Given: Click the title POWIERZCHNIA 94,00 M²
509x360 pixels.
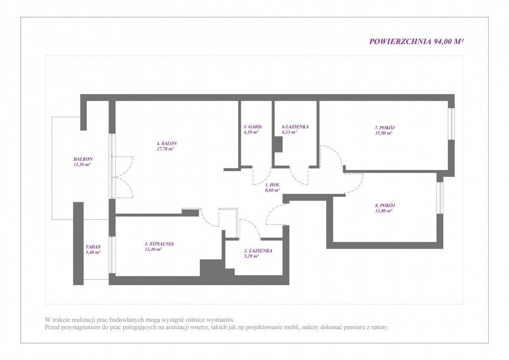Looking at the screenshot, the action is pyautogui.click(x=416, y=41).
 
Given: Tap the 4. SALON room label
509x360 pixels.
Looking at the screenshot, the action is pyautogui.click(x=167, y=143).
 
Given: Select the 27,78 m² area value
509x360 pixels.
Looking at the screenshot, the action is pyautogui.click(x=165, y=149).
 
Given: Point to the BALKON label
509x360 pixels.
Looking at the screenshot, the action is pyautogui.click(x=83, y=159).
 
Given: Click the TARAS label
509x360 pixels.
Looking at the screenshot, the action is pyautogui.click(x=93, y=247).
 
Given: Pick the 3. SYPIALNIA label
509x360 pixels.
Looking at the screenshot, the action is pyautogui.click(x=159, y=244).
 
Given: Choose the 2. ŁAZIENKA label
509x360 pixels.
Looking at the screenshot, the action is pyautogui.click(x=258, y=251).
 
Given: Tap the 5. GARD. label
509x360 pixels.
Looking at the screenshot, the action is pyautogui.click(x=253, y=127).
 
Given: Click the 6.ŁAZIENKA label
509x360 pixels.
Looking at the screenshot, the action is pyautogui.click(x=295, y=127).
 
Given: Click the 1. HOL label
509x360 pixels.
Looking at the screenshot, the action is pyautogui.click(x=272, y=185).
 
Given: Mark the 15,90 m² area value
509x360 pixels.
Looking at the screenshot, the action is pyautogui.click(x=383, y=133).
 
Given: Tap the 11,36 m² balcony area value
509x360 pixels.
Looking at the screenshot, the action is pyautogui.click(x=82, y=165).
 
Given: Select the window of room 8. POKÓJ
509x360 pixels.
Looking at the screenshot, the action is pyautogui.click(x=440, y=198).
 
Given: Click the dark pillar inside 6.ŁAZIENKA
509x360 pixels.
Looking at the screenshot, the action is pyautogui.click(x=278, y=144).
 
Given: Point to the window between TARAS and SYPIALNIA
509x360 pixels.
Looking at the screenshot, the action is pyautogui.click(x=112, y=255).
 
